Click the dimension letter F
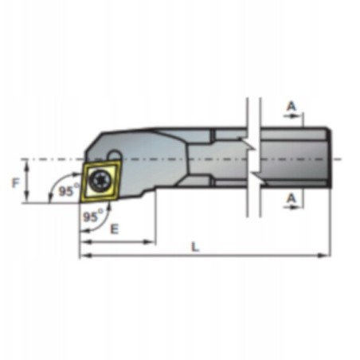[x=14, y=182]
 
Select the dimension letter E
[x=115, y=229]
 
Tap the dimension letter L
[x=197, y=246]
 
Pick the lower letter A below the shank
[x=292, y=197]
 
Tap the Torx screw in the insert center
[x=101, y=179]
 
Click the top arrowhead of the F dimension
[x=28, y=161]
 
